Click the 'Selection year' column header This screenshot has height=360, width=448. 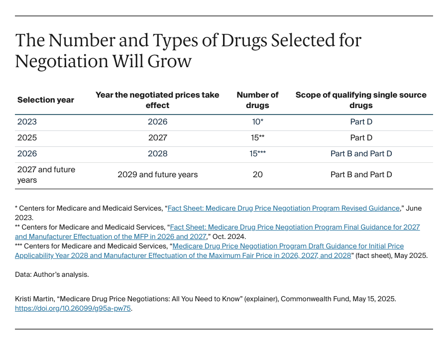pyautogui.click(x=46, y=100)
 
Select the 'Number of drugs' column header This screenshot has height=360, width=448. pyautogui.click(x=257, y=100)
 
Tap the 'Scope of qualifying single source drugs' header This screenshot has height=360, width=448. pyautogui.click(x=361, y=100)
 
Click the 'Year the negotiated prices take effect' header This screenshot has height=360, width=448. pyautogui.click(x=157, y=100)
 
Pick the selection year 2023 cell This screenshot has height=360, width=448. pyautogui.click(x=27, y=122)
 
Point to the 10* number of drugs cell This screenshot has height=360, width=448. pyautogui.click(x=257, y=122)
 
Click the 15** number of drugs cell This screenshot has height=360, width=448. pyautogui.click(x=257, y=138)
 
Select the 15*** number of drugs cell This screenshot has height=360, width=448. pyautogui.click(x=257, y=154)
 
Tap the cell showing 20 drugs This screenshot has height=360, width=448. pyautogui.click(x=257, y=175)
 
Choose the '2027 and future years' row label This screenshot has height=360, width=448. pyautogui.click(x=46, y=175)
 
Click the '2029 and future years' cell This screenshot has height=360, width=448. pyautogui.click(x=157, y=175)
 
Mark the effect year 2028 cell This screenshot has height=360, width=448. pyautogui.click(x=157, y=154)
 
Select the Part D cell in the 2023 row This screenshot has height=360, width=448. pyautogui.click(x=361, y=122)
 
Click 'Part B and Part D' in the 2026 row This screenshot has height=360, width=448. pyautogui.click(x=361, y=154)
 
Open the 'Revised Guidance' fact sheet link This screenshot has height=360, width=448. pyautogui.click(x=283, y=209)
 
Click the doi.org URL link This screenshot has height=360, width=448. pyautogui.click(x=73, y=309)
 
